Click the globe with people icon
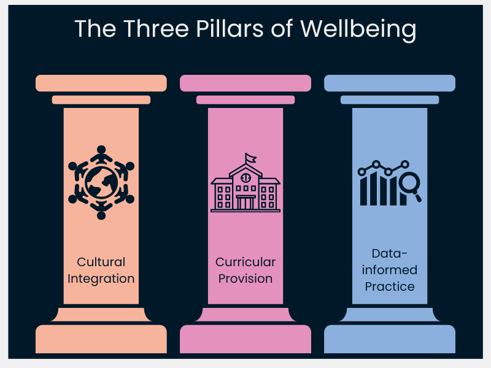[101, 182]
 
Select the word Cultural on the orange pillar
[101, 262]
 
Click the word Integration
[101, 278]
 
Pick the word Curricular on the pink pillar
[245, 262]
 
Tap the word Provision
[245, 278]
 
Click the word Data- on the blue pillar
[390, 253]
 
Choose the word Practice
[390, 286]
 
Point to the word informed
[390, 270]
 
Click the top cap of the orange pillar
[101, 83]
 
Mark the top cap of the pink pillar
[245, 83]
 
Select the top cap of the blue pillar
[390, 83]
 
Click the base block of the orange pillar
[101, 339]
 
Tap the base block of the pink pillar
[245, 339]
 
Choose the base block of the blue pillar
[390, 339]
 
